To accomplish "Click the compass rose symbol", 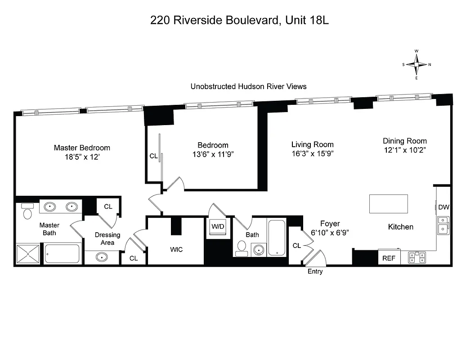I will pos(417,64).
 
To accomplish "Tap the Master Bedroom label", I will pos(82,148).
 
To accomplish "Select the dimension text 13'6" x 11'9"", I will pos(213,154).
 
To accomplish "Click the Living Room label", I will pos(312,144).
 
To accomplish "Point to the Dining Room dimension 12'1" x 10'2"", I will pos(404,150).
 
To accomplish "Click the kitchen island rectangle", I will pos(389,204).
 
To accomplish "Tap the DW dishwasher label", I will pos(444,207).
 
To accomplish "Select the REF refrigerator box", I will pos(389,258).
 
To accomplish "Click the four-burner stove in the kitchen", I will pos(417,257).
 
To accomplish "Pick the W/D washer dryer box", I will pos(218,226).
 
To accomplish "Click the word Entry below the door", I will pos(315,272).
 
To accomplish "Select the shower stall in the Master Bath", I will pos(28,254).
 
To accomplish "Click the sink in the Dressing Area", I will pos(102,258).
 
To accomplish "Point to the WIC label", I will pos(176,249).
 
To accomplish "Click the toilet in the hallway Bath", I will pos(242,247).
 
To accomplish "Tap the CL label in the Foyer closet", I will pos(296,246).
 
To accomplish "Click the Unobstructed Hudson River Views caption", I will pos(248,86).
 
